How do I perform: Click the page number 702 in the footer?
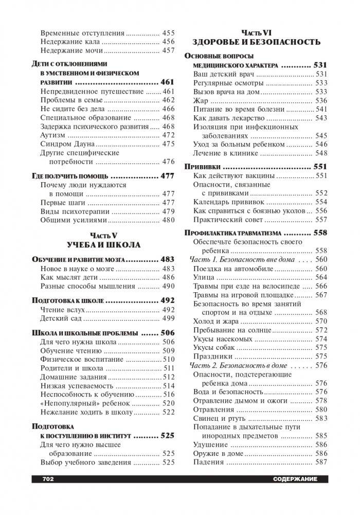click(46, 479)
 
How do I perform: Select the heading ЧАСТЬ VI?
click(256, 31)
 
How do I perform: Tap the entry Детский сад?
click(62, 319)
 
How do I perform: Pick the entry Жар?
click(201, 100)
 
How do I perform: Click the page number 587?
click(321, 462)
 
